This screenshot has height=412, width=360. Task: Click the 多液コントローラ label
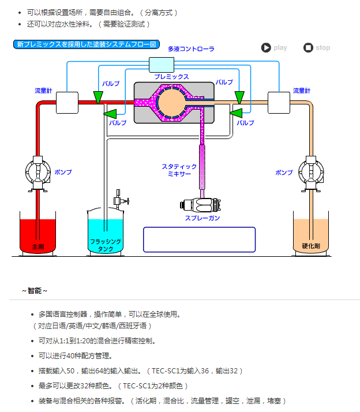click(191, 49)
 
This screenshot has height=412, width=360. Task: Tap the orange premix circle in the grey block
click(171, 102)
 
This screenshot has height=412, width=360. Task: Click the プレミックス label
click(171, 76)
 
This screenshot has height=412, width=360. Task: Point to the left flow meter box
click(67, 103)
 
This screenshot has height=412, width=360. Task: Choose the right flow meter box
click(279, 103)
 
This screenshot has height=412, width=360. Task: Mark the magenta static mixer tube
click(202, 167)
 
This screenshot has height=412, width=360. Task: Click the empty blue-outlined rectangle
click(199, 239)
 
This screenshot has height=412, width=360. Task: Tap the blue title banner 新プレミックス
click(87, 44)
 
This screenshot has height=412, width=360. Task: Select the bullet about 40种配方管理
click(75, 356)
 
